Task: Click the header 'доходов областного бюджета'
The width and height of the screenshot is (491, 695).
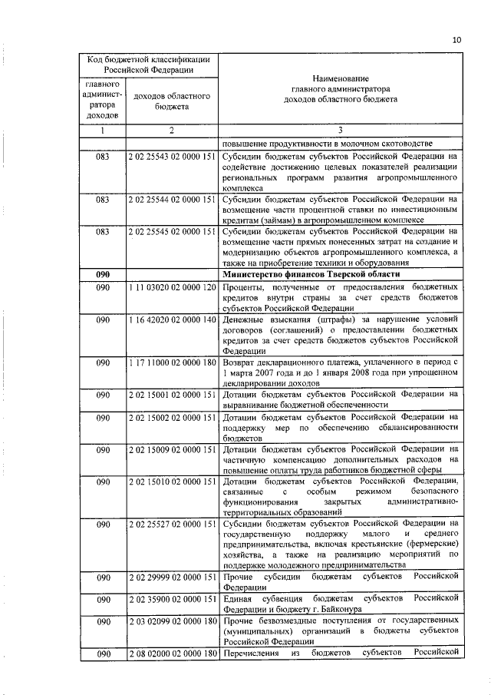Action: pyautogui.click(x=172, y=102)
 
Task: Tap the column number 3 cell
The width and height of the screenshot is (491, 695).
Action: pyautogui.click(x=339, y=131)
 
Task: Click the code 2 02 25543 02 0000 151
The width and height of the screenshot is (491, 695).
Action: pyautogui.click(x=172, y=156)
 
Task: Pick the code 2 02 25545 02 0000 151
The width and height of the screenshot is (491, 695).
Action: pyautogui.click(x=172, y=231)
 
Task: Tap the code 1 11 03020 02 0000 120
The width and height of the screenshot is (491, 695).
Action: pyautogui.click(x=172, y=286)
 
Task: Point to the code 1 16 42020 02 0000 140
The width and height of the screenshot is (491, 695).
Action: pyautogui.click(x=172, y=319)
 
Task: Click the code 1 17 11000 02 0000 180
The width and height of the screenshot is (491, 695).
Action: pyautogui.click(x=172, y=362)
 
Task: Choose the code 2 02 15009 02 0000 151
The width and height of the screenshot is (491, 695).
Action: pyautogui.click(x=172, y=448)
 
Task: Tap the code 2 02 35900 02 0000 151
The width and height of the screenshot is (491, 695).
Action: pyautogui.click(x=172, y=597)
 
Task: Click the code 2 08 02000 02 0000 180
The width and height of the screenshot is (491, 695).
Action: pyautogui.click(x=172, y=653)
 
